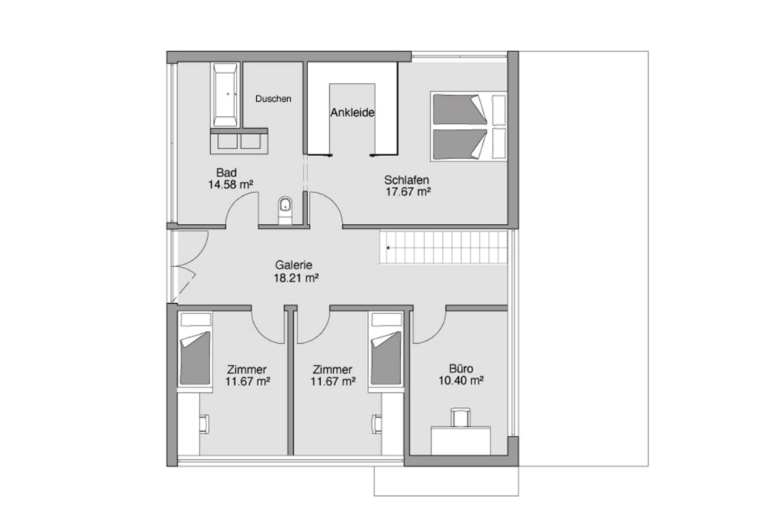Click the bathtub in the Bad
226,94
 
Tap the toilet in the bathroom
285,210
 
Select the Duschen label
273,99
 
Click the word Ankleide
353,112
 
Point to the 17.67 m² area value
408,192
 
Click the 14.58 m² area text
231,185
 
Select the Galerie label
294,265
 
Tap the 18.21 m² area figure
296,277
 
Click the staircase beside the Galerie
444,247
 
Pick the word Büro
461,369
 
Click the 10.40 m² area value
461,380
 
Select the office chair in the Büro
461,416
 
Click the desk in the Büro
461,440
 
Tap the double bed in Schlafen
469,126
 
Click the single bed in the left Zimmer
194,348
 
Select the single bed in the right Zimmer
386,348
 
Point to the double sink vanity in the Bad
240,141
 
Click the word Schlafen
406,179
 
